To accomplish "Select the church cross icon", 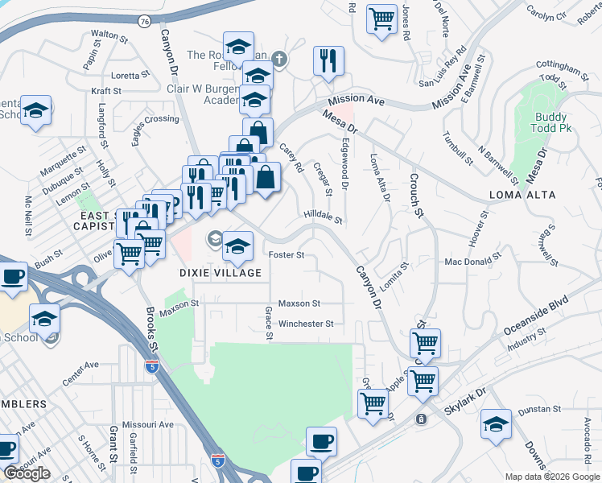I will (x=279, y=58).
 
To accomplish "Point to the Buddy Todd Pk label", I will (x=552, y=123).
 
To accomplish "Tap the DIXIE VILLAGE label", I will (x=220, y=273).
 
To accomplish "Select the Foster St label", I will (x=286, y=254).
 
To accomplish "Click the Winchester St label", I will (x=305, y=324).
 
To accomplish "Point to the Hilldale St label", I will (x=324, y=217).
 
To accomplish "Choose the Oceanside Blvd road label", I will (x=536, y=315).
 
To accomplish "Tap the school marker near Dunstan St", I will (x=496, y=424).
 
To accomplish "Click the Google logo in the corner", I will (x=27, y=473).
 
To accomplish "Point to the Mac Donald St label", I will (x=473, y=262).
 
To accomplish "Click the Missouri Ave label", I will (x=147, y=424).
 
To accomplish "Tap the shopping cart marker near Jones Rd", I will (x=381, y=18).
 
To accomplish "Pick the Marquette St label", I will (x=64, y=154).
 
